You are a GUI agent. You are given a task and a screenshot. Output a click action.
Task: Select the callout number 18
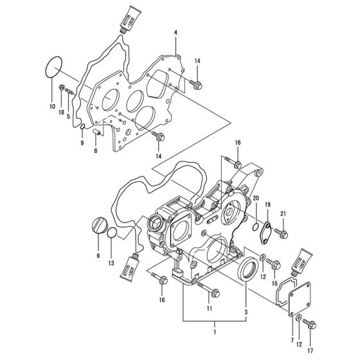(x=62, y=112)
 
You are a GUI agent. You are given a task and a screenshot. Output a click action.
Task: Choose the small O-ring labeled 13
(x=112, y=233)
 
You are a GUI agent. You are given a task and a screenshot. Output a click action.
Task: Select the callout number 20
(x=255, y=198)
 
